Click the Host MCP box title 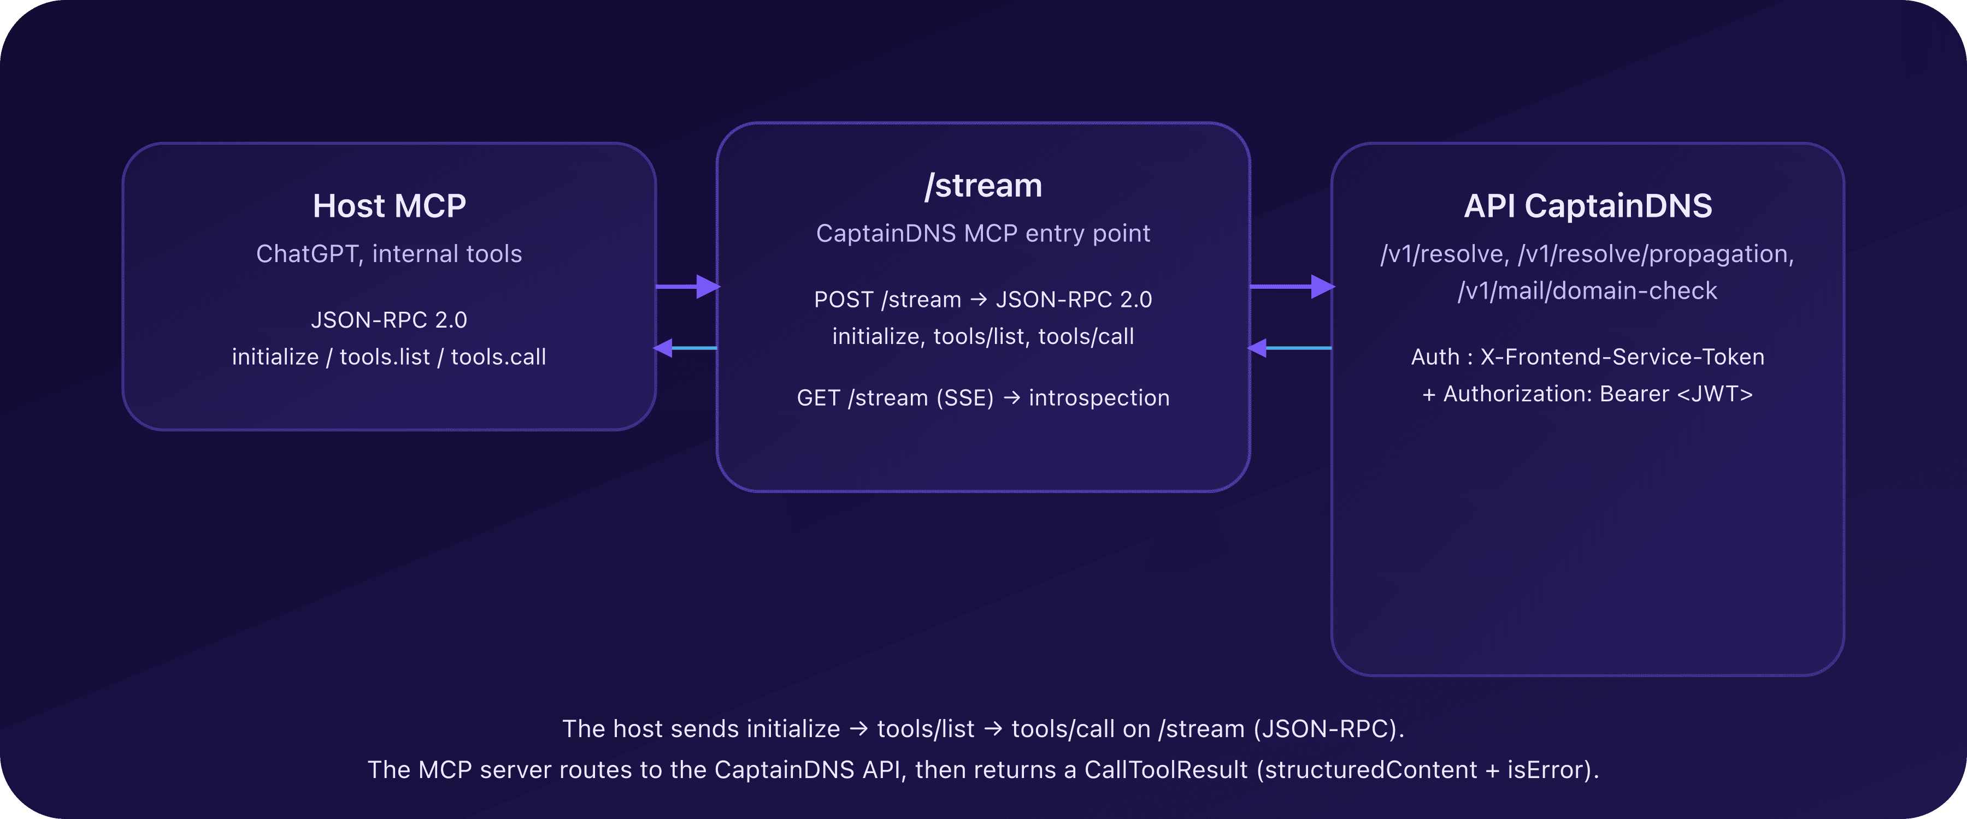[390, 206]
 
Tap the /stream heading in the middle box [984, 186]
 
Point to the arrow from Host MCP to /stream [687, 286]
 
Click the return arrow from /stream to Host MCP [685, 348]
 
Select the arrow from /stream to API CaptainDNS [1292, 286]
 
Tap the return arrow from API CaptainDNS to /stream [1289, 348]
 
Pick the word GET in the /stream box [818, 397]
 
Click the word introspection [1099, 397]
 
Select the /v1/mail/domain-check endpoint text [1587, 291]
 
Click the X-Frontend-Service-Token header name [1623, 357]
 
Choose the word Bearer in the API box [1634, 394]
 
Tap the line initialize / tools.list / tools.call [390, 357]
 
